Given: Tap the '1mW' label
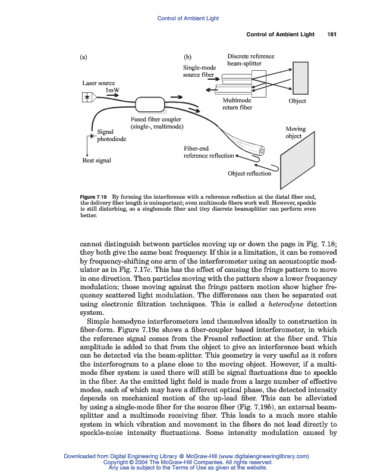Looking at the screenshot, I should tap(112, 90).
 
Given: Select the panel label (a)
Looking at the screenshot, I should tap(84, 58).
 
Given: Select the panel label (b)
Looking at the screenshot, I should tap(188, 58).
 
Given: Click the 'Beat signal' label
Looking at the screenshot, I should tap(96, 161).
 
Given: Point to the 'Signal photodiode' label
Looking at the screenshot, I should tap(111, 136).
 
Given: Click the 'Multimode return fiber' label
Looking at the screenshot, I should tap(237, 104).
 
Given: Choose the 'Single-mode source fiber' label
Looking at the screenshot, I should tap(199, 71).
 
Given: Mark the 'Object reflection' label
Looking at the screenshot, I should tap(249, 174).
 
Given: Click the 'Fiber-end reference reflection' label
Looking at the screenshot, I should tap(209, 152).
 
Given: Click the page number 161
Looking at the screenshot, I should tap(332, 34).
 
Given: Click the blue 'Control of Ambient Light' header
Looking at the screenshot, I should tap(187, 18).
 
